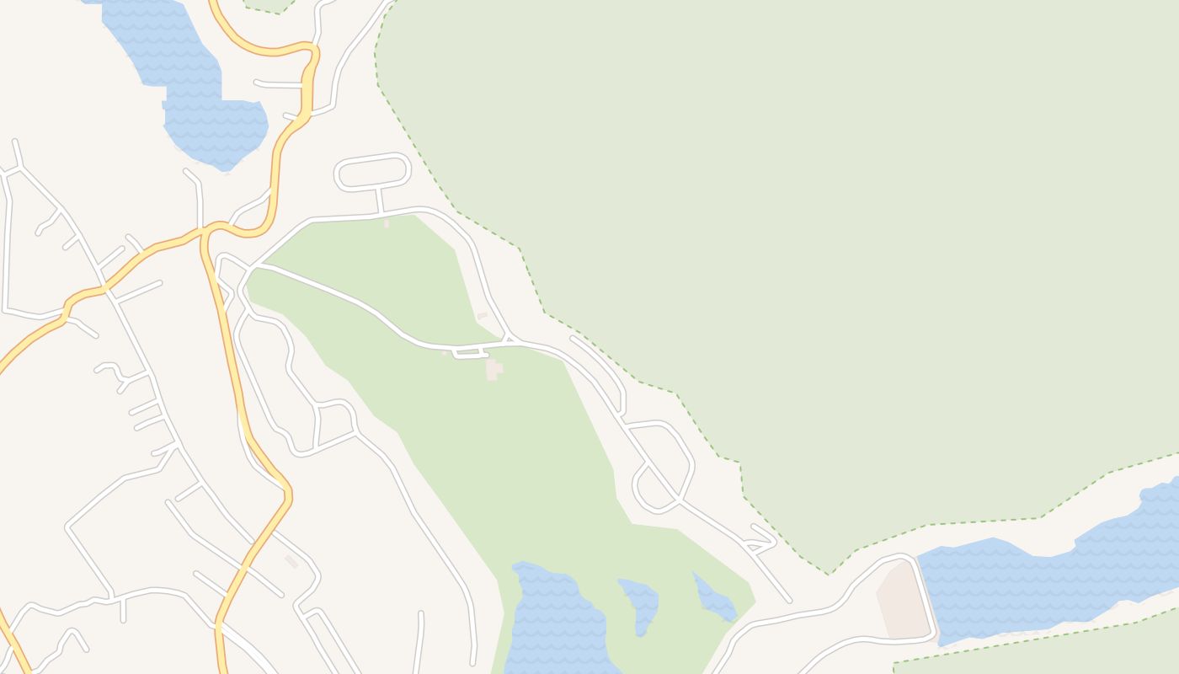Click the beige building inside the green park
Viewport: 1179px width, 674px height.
[493, 369]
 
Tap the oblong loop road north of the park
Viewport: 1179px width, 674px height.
[372, 172]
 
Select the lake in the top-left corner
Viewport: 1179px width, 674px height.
[202, 101]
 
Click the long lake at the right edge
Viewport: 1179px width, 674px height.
[1044, 581]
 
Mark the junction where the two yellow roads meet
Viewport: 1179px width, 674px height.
[209, 230]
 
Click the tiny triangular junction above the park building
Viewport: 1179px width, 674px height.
[509, 339]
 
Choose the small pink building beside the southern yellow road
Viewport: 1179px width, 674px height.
[291, 561]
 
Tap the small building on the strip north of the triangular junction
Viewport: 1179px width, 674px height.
[483, 316]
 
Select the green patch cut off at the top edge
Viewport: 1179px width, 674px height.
[268, 5]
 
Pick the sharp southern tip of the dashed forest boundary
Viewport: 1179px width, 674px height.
[829, 574]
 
